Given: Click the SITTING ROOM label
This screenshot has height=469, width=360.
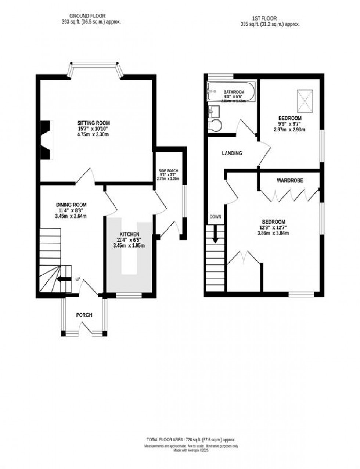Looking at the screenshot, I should click(93, 123).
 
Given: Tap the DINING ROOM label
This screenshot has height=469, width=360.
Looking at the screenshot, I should click(71, 205).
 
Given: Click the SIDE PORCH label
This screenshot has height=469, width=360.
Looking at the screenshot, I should click(168, 171).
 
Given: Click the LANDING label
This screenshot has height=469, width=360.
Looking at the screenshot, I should click(232, 153).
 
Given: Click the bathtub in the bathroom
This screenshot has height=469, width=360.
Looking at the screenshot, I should click(231, 92).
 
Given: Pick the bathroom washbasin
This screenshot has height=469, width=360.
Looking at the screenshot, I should click(213, 111).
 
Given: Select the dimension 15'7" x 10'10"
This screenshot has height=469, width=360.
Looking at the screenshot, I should click(93, 129).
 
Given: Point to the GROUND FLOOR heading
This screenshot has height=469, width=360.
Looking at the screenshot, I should click(87, 16).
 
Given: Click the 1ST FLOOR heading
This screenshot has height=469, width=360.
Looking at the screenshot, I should click(264, 18).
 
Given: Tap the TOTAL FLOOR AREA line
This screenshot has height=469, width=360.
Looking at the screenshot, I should click(191, 440).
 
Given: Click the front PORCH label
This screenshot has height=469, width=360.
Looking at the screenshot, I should click(84, 315).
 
